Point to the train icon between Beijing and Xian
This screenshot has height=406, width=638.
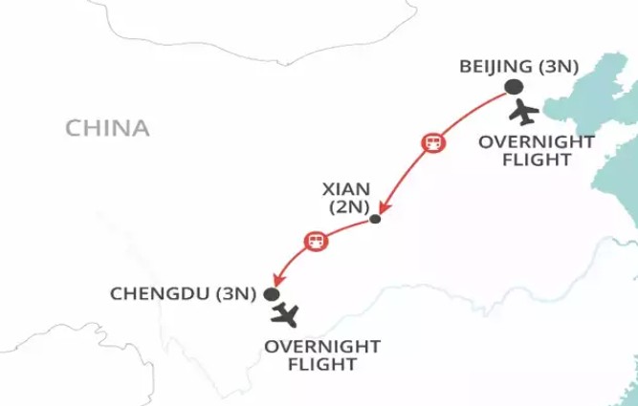(433, 143)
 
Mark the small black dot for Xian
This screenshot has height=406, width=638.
(375, 220)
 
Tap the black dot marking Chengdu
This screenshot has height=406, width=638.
(272, 294)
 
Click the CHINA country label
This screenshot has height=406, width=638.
(106, 127)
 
